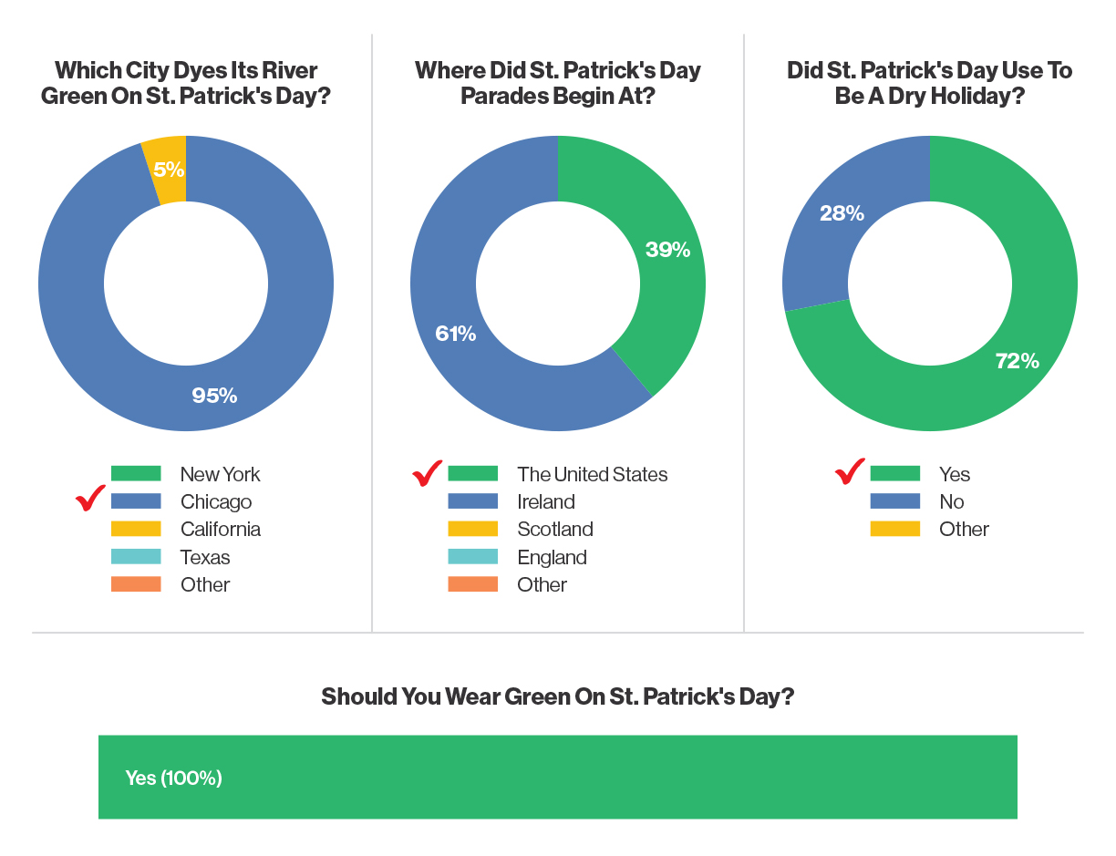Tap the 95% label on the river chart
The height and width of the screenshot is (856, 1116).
tap(214, 396)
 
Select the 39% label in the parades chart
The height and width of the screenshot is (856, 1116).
tap(668, 250)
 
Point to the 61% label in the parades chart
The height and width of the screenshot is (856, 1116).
tap(456, 334)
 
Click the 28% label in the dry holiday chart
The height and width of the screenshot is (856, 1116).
tap(842, 213)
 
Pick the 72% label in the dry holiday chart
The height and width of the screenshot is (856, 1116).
tap(1017, 361)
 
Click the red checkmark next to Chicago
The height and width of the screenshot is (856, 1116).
tap(91, 500)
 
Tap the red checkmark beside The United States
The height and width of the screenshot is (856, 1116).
tap(428, 472)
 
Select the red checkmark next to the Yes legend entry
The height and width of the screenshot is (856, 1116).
tap(850, 472)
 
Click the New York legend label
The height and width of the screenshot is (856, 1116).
tap(220, 474)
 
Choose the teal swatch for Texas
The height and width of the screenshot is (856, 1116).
tap(136, 557)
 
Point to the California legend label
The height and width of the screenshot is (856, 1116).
tap(220, 530)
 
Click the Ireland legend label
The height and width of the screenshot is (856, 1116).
tap(545, 502)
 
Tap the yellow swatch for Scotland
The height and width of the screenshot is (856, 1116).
tap(473, 530)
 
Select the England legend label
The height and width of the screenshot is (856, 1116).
tap(552, 557)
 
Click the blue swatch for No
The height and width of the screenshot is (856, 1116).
tap(894, 501)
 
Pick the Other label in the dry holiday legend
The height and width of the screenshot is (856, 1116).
tap(964, 530)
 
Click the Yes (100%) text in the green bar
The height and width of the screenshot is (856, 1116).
tap(173, 779)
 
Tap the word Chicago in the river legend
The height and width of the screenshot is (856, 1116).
tap(216, 502)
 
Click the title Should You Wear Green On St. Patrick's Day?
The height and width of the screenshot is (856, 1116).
tap(557, 697)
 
